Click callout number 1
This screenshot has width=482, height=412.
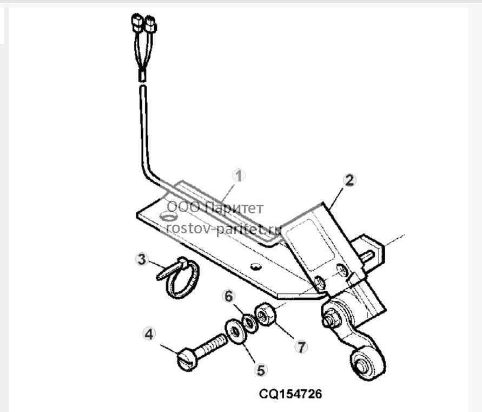click(239, 176)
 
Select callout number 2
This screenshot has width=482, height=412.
click(349, 180)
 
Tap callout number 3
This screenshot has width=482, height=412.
click(141, 259)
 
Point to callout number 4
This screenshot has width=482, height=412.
click(149, 334)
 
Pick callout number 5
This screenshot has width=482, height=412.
click(261, 370)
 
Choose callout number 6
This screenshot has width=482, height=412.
click(229, 296)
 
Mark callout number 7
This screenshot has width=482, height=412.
click(301, 347)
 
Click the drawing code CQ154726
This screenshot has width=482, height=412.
click(290, 394)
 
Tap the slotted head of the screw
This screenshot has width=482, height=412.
click(186, 359)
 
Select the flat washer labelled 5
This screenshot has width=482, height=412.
click(236, 332)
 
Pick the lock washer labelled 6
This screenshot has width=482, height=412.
click(249, 323)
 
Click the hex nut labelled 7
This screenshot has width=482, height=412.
click(266, 314)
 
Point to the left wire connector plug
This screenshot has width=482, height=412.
click(137, 22)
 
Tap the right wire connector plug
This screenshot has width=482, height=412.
click(150, 24)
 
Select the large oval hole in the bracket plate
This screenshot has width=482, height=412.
click(168, 217)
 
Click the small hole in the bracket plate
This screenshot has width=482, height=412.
click(255, 266)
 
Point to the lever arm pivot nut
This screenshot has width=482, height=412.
click(332, 318)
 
